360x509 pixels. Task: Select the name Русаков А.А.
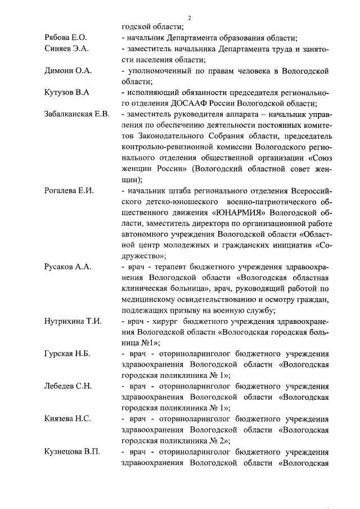(67, 267)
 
